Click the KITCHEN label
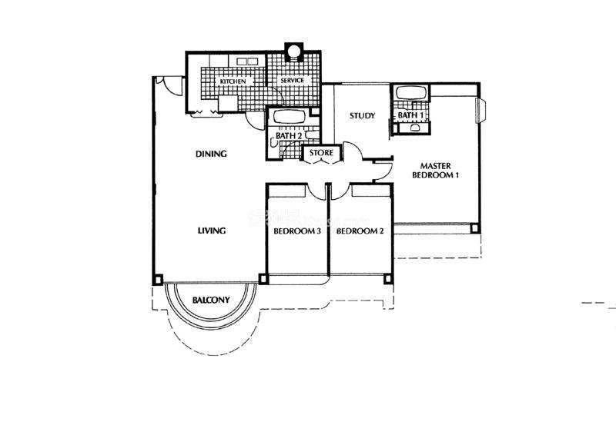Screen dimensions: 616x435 (x=233, y=81)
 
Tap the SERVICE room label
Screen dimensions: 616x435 (x=293, y=80)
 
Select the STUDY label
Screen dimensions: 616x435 (x=362, y=116)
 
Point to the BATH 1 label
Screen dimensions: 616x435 (x=410, y=115)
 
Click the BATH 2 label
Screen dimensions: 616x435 (x=289, y=136)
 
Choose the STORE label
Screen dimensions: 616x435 (x=321, y=153)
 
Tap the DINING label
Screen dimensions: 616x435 (x=211, y=154)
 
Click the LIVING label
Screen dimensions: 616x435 (x=211, y=231)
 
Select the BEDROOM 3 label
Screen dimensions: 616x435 (x=297, y=231)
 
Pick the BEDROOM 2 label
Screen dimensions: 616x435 (x=360, y=231)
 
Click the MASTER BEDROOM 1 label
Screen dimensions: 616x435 (x=435, y=171)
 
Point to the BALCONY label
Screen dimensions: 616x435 (x=211, y=300)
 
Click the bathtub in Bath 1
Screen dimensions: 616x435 (x=411, y=93)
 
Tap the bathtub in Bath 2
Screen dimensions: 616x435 (x=290, y=117)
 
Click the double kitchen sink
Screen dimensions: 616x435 (x=246, y=61)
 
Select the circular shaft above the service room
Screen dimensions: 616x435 (x=293, y=51)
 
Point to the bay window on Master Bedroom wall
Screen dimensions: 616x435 (x=483, y=111)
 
